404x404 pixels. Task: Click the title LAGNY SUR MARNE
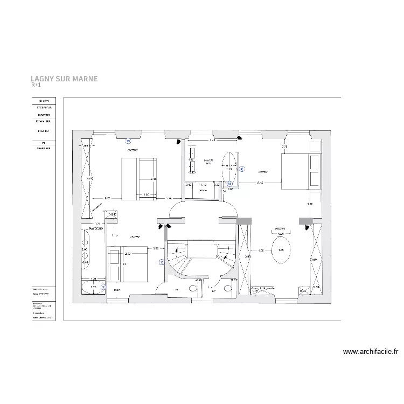click(64, 79)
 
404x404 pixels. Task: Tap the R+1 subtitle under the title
click(36, 85)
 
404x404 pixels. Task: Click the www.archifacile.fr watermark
click(371, 352)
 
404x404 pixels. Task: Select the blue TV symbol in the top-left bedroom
click(128, 141)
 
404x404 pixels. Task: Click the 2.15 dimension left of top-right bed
click(260, 183)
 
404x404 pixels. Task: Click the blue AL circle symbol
click(229, 183)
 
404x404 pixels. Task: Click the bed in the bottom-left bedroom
click(128, 264)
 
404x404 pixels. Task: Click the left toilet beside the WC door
click(193, 288)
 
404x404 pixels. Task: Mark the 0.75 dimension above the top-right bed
click(285, 147)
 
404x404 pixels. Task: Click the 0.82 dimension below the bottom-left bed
click(116, 291)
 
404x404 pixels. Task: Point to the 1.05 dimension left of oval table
click(261, 250)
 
